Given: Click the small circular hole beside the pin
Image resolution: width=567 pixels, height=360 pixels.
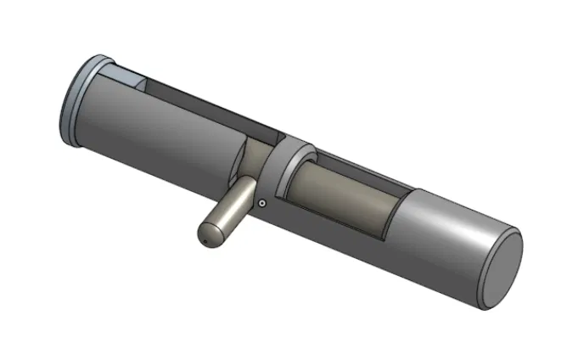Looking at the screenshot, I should (x=263, y=203).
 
